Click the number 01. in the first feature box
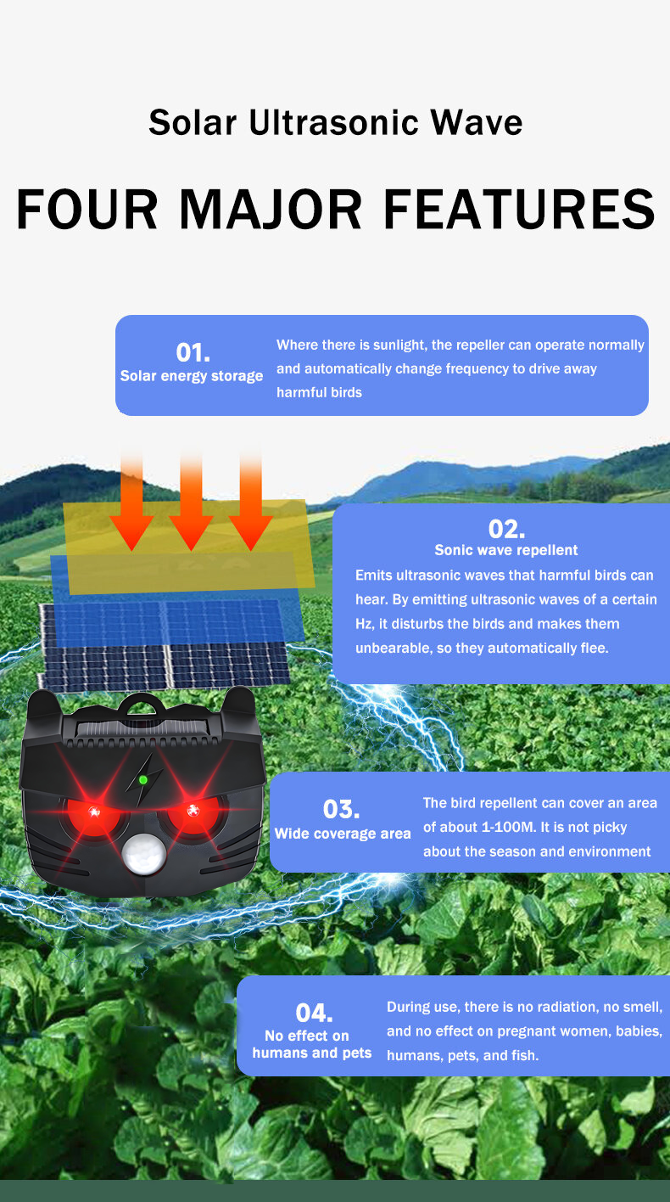click(x=193, y=352)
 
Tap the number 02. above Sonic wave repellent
click(x=506, y=530)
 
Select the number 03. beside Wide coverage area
click(x=342, y=809)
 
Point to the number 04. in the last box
click(x=314, y=1013)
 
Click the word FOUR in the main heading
click(x=87, y=209)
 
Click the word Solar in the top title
click(x=193, y=123)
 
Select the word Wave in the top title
click(x=476, y=123)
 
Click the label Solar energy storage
click(x=192, y=376)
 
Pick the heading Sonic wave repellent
click(x=506, y=550)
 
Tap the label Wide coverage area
click(x=343, y=834)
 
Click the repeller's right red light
click(x=192, y=809)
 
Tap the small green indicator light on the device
click(x=143, y=779)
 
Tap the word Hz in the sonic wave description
click(x=364, y=624)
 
